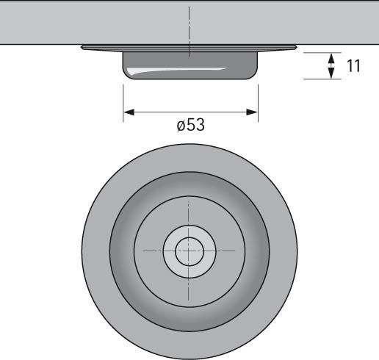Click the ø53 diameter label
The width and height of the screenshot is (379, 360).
pos(190,125)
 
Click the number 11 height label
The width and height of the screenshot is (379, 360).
pos(353,66)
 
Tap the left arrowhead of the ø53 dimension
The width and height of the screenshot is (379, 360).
pos(129,112)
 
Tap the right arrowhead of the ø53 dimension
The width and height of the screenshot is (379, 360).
pos(252,112)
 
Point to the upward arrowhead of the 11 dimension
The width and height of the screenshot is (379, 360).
pos(331,59)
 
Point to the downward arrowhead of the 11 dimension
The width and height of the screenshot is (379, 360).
pos(331,73)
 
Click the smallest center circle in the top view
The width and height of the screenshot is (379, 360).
pos(189,251)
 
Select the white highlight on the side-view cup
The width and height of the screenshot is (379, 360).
pos(176,71)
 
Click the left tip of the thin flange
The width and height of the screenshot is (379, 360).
pos(82,47)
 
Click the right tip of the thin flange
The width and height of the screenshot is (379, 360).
pos(297,47)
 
